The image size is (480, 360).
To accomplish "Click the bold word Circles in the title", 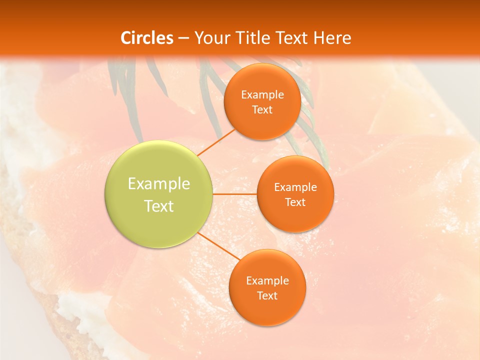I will [x=147, y=38].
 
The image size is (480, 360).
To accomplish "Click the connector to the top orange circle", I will [x=215, y=142].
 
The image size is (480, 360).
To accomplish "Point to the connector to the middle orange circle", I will [x=234, y=194].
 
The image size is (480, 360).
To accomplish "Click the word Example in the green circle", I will [x=159, y=184].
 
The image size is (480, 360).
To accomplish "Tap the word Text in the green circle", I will [x=159, y=206].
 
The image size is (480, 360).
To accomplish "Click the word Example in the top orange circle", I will [x=262, y=94].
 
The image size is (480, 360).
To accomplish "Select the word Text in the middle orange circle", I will [x=295, y=202].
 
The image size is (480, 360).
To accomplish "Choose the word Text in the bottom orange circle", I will [x=267, y=295].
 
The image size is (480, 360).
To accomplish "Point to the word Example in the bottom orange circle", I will [x=267, y=280].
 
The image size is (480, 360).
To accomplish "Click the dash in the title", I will [x=183, y=38].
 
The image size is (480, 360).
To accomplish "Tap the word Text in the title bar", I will [x=290, y=38].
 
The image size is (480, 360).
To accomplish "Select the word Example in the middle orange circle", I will [x=295, y=187].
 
